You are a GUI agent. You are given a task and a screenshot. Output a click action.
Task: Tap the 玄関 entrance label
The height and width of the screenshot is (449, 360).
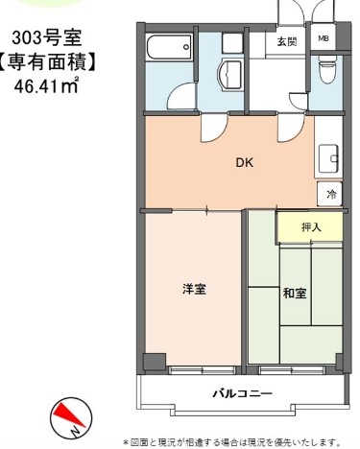pyautogui.click(x=287, y=41)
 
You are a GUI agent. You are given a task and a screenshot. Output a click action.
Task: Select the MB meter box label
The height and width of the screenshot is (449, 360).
pyautogui.click(x=324, y=41)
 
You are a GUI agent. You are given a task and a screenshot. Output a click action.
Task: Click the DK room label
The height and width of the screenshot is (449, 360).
pyautogui.click(x=245, y=162)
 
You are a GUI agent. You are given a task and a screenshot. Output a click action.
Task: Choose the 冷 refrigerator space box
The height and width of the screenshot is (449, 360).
pyautogui.click(x=331, y=195)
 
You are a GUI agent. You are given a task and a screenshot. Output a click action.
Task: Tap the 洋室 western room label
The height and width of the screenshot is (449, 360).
pyautogui.click(x=195, y=288)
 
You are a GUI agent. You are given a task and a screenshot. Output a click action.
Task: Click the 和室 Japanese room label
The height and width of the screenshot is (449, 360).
pyautogui.click(x=295, y=293)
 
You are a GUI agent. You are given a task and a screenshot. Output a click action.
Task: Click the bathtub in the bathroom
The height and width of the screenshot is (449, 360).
pyautogui.click(x=171, y=47)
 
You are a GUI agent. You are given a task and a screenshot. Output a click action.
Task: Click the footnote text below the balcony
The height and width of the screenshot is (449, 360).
pyautogui.click(x=231, y=441)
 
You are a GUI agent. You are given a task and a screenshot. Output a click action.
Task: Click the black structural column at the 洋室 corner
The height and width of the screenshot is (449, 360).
pyautogui.click(x=150, y=361)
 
